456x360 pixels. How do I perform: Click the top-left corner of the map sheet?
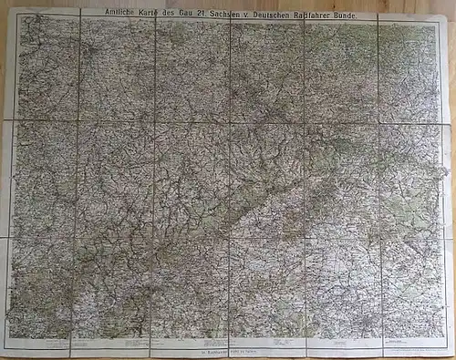click(x=7, y=8)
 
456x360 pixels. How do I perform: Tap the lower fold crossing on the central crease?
click(x=229, y=237)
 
